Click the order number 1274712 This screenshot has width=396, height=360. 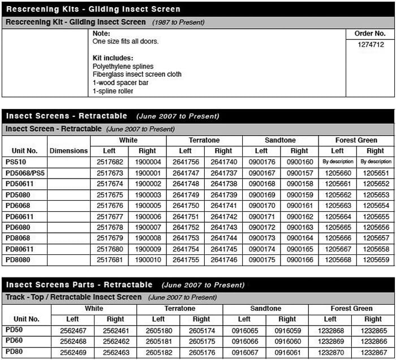click(x=371, y=45)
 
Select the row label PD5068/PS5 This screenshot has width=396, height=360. click(x=25, y=172)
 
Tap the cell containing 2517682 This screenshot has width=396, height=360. click(x=109, y=162)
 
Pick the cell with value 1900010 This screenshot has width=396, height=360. click(x=147, y=259)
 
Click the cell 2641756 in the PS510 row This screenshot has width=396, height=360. click(x=185, y=162)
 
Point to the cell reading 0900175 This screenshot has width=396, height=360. click(x=261, y=259)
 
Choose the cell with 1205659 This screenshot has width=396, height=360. click(x=375, y=259)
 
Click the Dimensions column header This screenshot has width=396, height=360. click(x=68, y=151)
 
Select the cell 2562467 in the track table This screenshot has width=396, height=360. click(x=72, y=331)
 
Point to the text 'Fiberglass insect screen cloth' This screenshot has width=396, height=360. click(x=137, y=75)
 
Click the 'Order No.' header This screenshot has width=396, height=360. click(x=370, y=34)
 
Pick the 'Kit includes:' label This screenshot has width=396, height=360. click(x=113, y=58)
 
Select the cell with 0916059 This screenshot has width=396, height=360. click(x=287, y=331)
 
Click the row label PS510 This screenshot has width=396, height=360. click(x=16, y=162)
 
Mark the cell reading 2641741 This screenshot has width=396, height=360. click(x=223, y=205)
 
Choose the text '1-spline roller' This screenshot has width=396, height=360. click(x=113, y=90)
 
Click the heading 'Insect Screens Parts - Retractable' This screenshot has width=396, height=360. click(x=79, y=285)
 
